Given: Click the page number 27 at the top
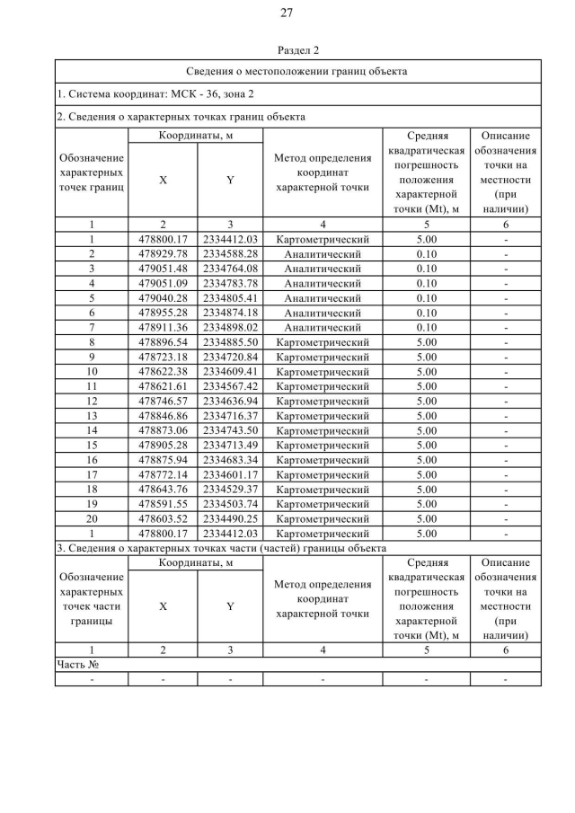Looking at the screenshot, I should coord(287,13).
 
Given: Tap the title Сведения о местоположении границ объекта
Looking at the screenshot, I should coord(297,70).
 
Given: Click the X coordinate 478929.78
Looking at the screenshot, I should coord(163,253).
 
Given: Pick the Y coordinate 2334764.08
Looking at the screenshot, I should coord(230,269).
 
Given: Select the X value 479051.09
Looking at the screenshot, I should coord(163,283).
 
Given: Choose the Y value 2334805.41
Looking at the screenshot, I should coord(230,297).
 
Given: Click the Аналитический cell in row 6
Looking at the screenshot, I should coord(323,313).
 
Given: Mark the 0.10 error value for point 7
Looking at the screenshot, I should coord(427,327).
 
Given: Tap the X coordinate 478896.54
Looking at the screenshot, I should coord(163,342).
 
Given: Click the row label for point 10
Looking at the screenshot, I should coord(92,371).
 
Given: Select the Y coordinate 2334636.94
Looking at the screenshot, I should coord(230,401).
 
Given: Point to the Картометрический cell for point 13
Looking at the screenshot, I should coord(323,416).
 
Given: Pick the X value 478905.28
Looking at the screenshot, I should coord(163,446).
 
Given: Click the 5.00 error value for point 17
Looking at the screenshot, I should coord(427,474).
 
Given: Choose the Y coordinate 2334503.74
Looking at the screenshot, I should coord(230,504).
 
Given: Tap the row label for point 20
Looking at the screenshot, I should coord(92,519).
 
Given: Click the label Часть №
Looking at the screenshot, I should coord(77,665).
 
